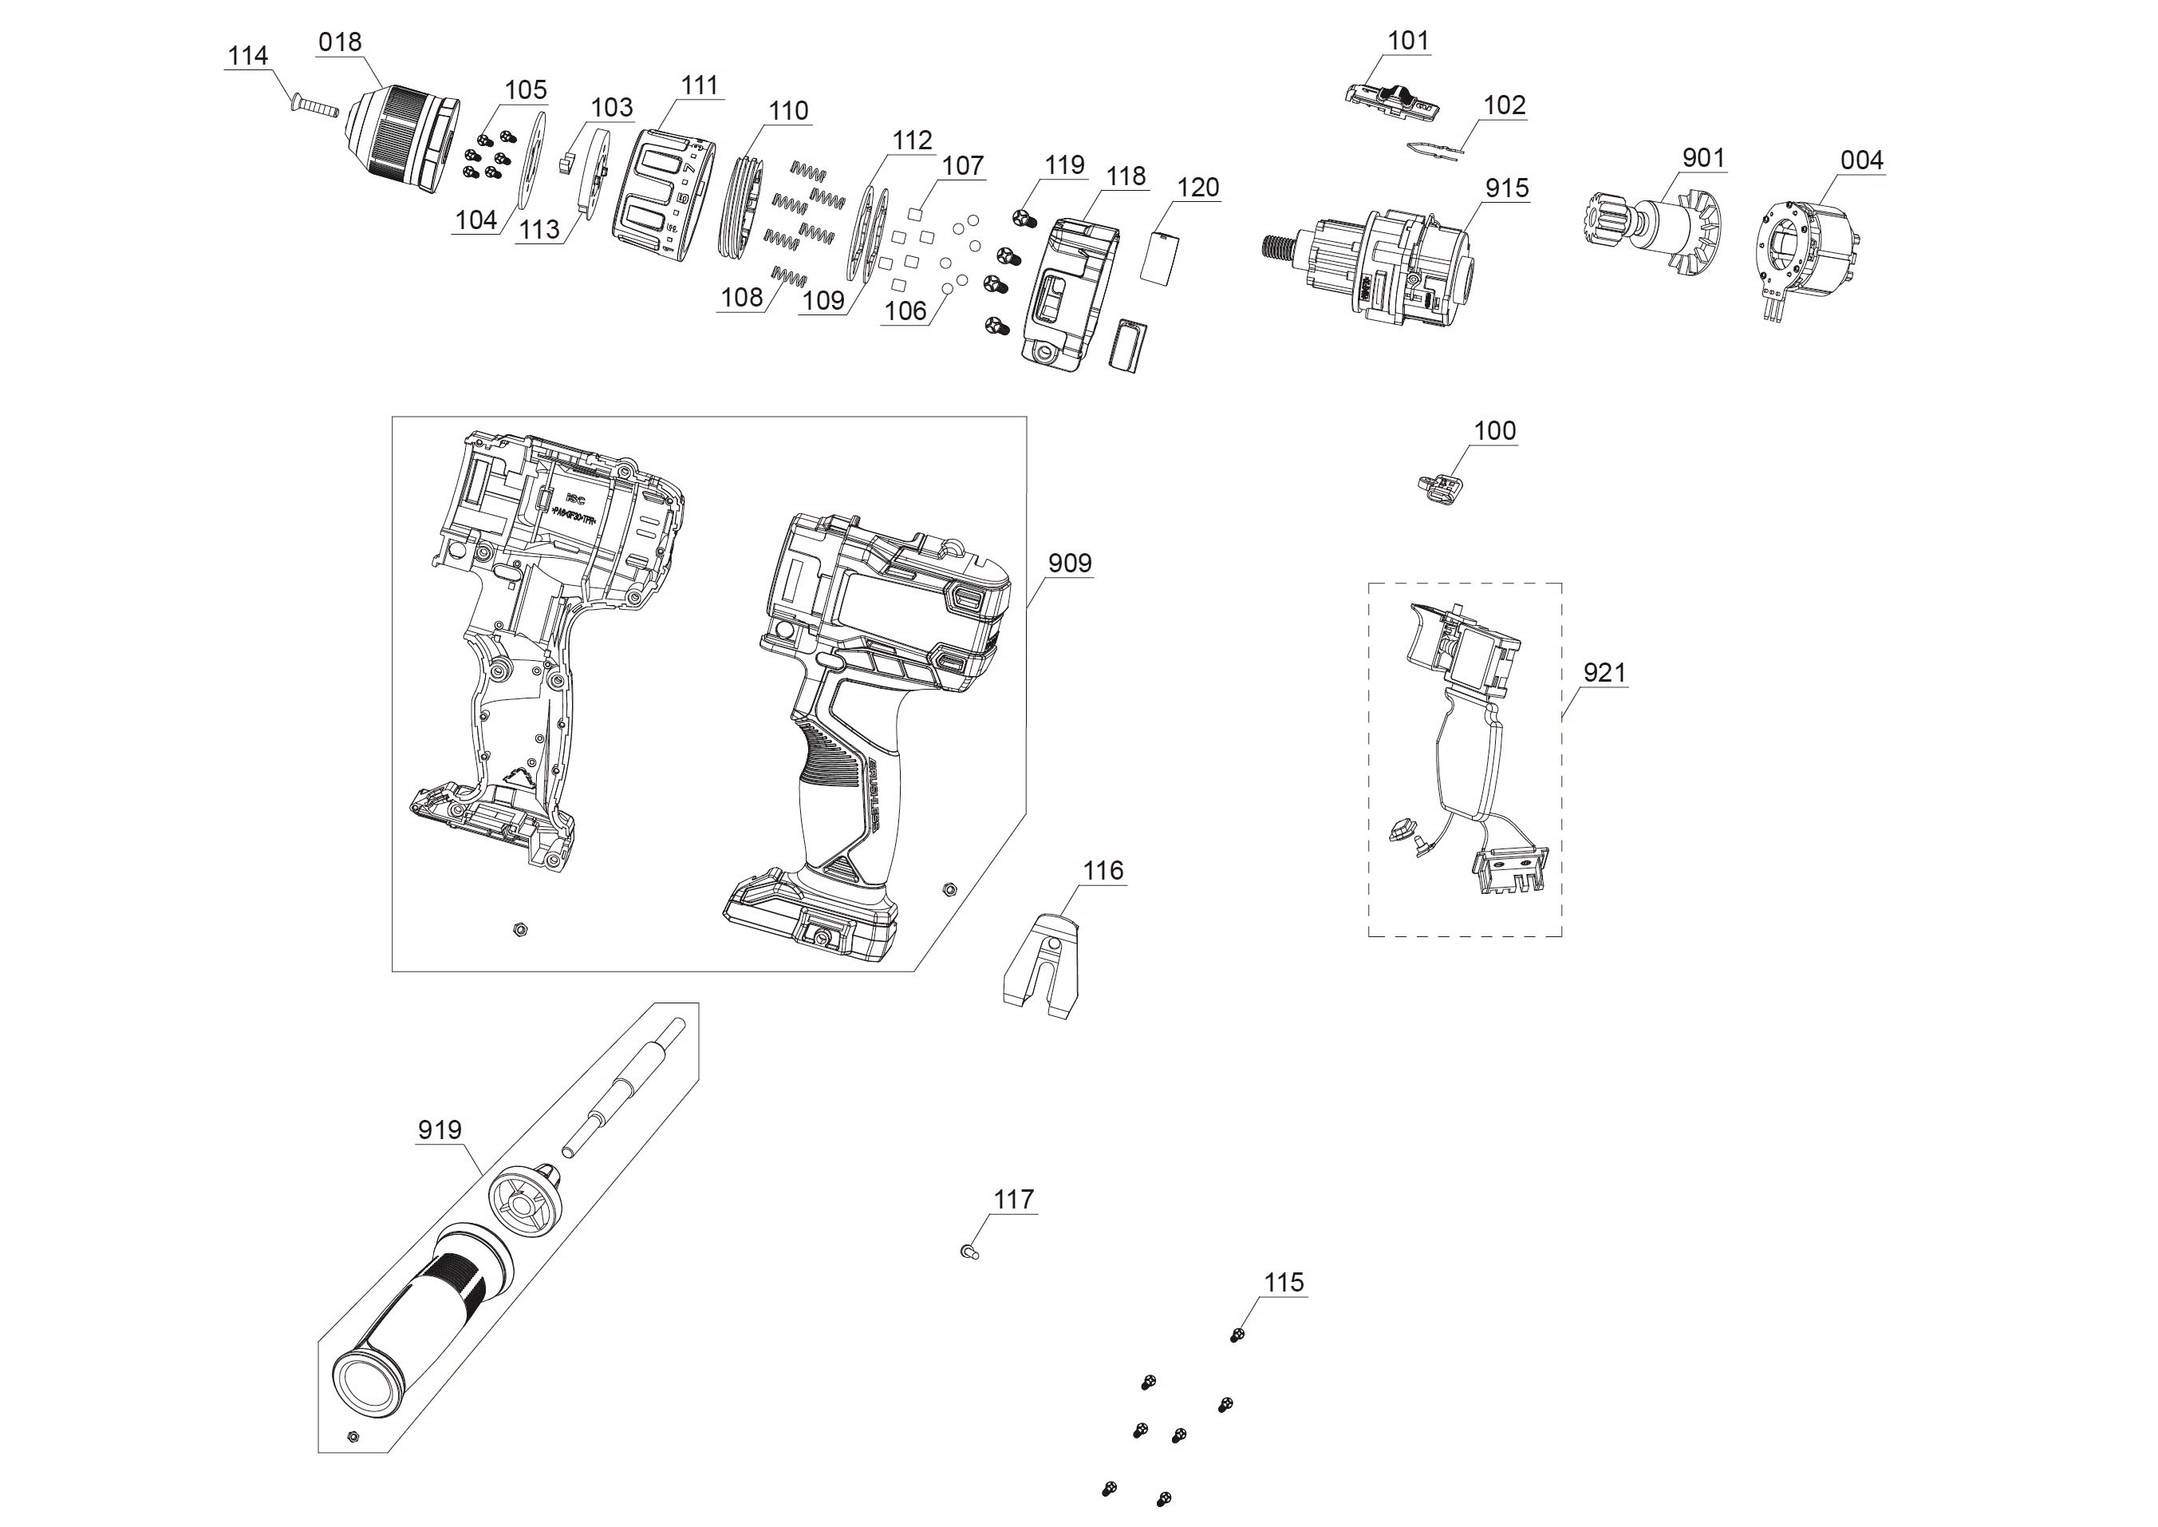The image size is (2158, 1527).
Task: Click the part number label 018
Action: (x=339, y=42)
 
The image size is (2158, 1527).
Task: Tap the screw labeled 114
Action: (x=314, y=105)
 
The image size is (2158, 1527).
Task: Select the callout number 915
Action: (x=1507, y=188)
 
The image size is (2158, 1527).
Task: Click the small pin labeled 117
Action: (x=971, y=1251)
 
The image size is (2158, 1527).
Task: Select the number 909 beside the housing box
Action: (x=1070, y=564)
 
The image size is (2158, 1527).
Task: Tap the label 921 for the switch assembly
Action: (x=1604, y=672)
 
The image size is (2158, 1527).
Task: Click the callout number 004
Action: (x=1862, y=160)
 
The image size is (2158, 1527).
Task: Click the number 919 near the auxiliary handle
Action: (x=440, y=1129)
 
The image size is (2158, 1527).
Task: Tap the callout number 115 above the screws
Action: (x=1284, y=1283)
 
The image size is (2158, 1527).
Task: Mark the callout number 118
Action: (x=1126, y=176)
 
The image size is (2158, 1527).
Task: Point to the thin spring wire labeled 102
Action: (x=1436, y=148)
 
